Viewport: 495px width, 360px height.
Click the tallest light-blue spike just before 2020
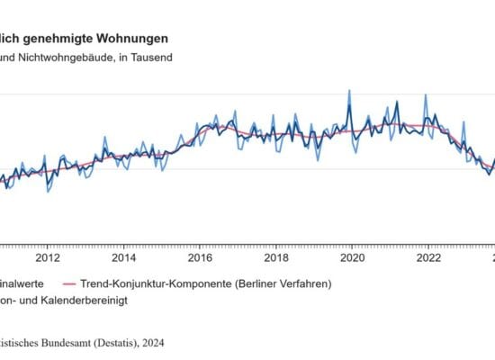[349, 91]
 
